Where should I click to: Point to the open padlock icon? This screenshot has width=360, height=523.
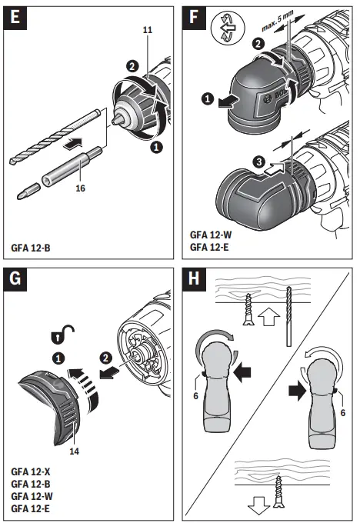pos(65,335)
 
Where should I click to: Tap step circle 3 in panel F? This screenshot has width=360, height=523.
pos(262,162)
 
